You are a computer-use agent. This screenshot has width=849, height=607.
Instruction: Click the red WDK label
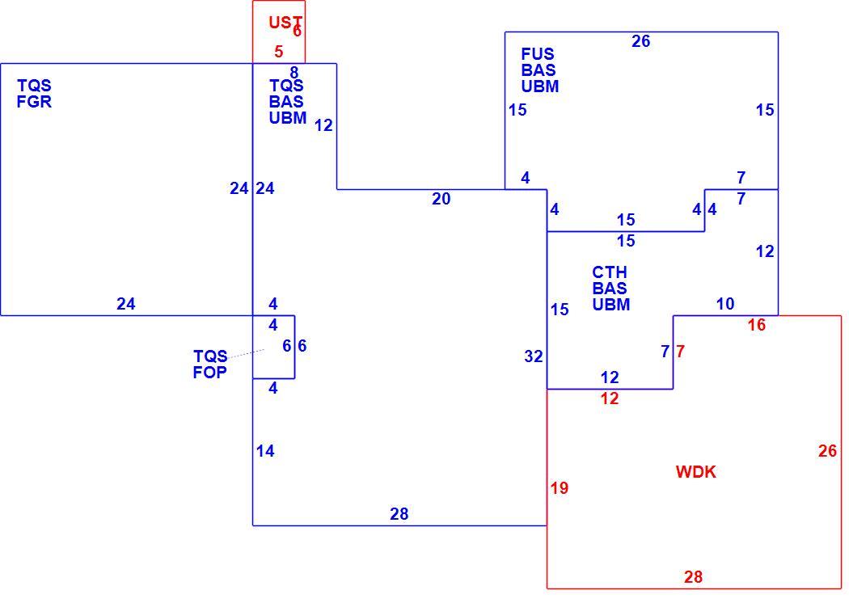695,472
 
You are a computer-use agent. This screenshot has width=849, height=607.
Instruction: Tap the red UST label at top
285,22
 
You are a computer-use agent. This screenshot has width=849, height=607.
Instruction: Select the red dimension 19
560,488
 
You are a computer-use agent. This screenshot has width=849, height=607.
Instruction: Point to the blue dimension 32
534,356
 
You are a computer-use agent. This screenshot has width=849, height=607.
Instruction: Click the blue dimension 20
441,199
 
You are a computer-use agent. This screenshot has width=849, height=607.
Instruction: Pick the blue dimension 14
265,451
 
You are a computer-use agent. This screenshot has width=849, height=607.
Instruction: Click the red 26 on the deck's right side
827,451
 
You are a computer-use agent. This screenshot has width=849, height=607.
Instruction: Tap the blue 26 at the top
640,41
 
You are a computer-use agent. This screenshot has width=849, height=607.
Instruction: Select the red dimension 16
756,325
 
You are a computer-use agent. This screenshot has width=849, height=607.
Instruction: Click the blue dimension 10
725,304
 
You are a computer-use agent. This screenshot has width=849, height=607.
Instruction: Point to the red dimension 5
278,52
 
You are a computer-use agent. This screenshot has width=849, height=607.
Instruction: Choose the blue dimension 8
294,73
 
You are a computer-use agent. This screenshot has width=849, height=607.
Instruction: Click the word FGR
34,102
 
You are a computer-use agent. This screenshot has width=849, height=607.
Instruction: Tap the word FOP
209,373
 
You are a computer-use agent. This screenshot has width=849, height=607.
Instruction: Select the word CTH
610,272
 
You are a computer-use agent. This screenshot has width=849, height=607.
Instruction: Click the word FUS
538,54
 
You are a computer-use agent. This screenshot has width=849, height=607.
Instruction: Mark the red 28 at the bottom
693,577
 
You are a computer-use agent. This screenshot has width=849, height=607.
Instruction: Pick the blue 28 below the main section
399,514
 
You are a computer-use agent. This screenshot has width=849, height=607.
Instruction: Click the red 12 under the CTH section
610,398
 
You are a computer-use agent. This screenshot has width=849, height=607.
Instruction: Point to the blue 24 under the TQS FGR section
125,304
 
